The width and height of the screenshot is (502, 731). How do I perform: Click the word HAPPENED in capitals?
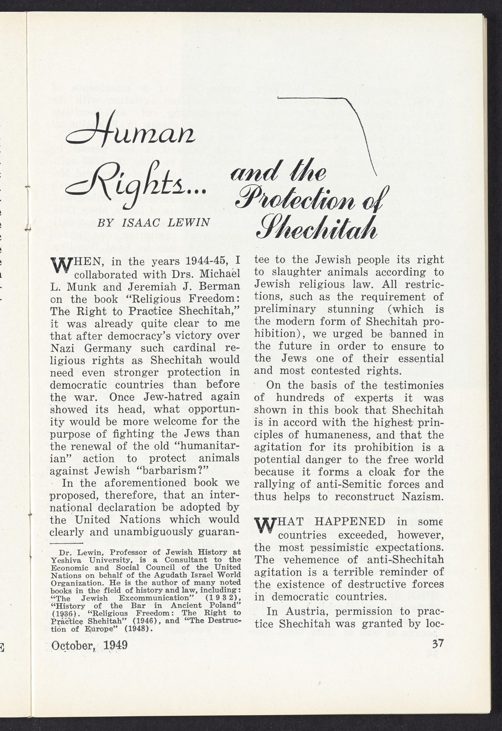click(350, 522)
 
